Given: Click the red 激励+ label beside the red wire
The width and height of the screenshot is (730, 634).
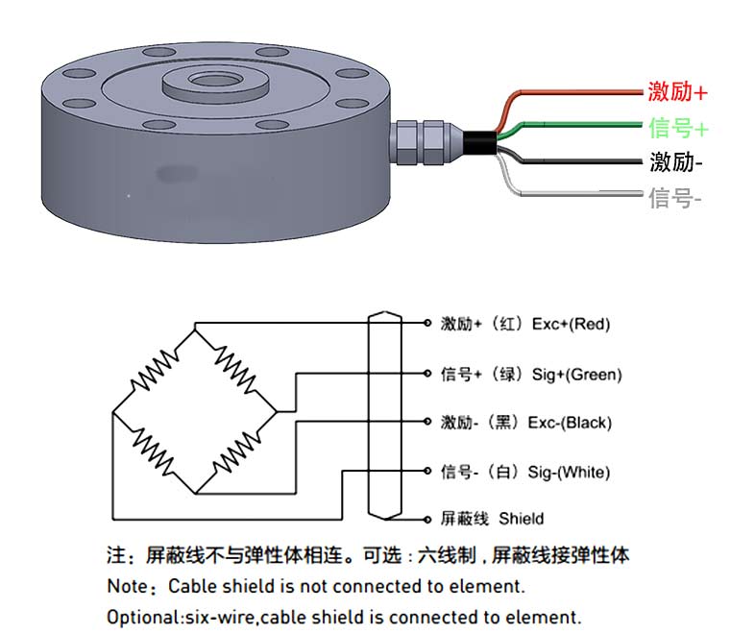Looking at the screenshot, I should pos(677,92).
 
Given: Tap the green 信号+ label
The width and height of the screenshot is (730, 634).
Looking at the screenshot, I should pos(678,128).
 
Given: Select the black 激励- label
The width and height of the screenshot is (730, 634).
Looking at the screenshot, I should pos(675,162).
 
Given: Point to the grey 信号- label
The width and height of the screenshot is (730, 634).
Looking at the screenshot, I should pos(675,199).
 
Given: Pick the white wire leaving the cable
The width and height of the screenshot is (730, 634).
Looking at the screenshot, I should pos(576,195).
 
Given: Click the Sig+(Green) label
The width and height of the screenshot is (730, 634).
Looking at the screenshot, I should pos(576,374).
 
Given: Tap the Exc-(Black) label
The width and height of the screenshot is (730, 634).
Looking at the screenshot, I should pos(572,423).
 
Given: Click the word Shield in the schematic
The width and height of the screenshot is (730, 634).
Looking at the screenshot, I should pos(521,519).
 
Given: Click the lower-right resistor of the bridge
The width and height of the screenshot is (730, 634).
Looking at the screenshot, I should pos(235,452).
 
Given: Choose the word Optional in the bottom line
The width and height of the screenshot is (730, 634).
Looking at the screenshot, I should pos(141,617).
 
